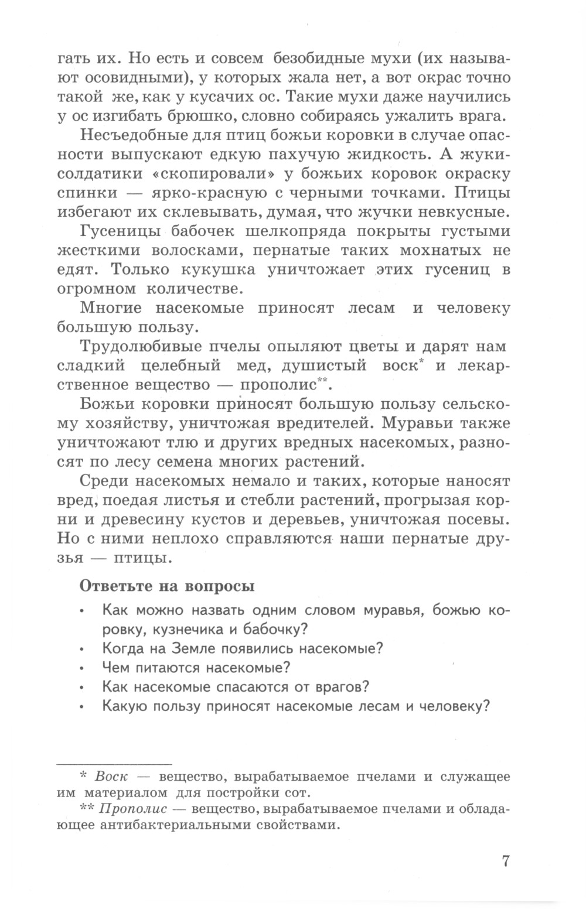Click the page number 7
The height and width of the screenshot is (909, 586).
(507, 861)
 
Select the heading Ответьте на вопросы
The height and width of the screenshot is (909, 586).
(166, 586)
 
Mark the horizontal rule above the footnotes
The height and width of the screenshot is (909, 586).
(114, 764)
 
